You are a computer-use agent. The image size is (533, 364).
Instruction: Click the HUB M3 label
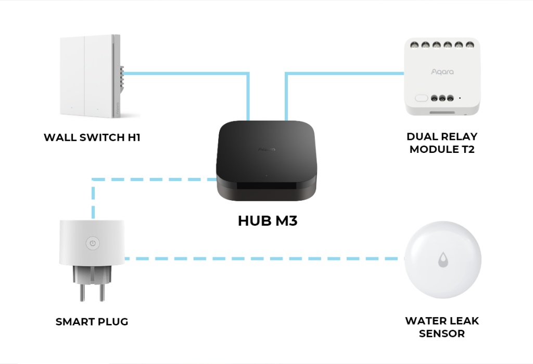pos(268,220)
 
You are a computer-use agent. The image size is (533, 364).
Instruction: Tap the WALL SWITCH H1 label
pos(92,138)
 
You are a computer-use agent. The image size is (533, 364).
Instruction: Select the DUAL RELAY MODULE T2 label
pos(442,143)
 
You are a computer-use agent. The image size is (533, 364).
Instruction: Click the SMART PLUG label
pos(92,322)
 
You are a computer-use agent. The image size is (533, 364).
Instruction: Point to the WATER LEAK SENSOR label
pos(442,327)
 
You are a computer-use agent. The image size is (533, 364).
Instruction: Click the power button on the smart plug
pos(92,242)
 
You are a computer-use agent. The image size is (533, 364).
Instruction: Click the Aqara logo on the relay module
pos(442,72)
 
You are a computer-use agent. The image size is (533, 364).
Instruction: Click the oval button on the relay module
pos(421,98)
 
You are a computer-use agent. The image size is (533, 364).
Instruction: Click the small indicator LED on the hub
pos(266,175)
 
